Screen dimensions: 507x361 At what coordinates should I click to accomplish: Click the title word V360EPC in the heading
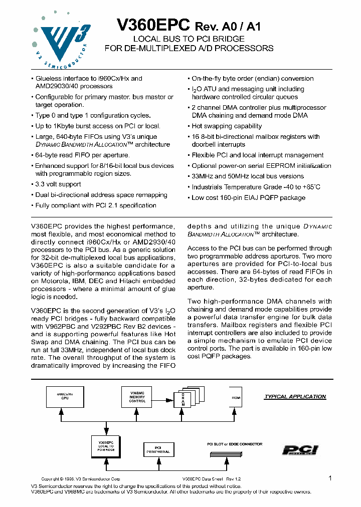tap(153, 25)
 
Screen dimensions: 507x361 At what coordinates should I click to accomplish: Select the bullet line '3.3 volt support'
tap(58, 184)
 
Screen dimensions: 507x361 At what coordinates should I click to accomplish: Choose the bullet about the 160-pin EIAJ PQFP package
tap(248, 197)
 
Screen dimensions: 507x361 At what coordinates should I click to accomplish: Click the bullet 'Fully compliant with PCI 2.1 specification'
tap(95, 205)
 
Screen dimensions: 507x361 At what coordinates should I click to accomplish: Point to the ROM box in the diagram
tap(236, 398)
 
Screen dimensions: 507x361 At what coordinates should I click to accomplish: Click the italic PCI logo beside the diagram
tap(300, 450)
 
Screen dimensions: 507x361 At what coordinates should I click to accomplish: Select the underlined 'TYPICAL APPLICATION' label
tap(295, 397)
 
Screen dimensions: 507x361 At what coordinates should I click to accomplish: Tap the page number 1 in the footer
tap(330, 478)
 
